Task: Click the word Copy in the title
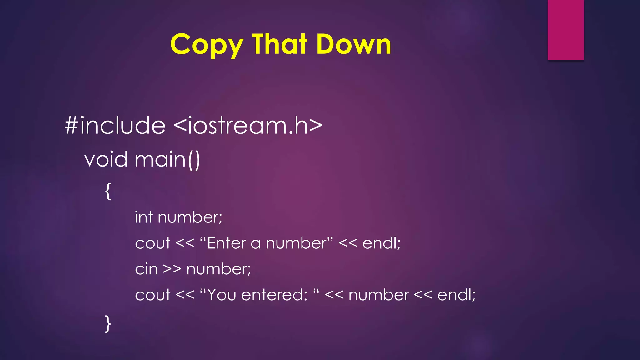206,45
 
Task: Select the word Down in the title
353,44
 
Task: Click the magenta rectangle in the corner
566,30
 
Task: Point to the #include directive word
115,125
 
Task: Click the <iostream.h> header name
248,125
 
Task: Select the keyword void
106,159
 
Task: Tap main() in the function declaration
167,159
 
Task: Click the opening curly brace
108,191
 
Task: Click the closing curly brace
108,324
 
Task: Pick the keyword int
144,217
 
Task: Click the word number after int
190,217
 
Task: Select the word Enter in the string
227,243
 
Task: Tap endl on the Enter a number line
381,243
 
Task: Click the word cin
146,269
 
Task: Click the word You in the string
222,295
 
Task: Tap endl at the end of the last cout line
456,295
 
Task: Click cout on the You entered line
153,295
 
